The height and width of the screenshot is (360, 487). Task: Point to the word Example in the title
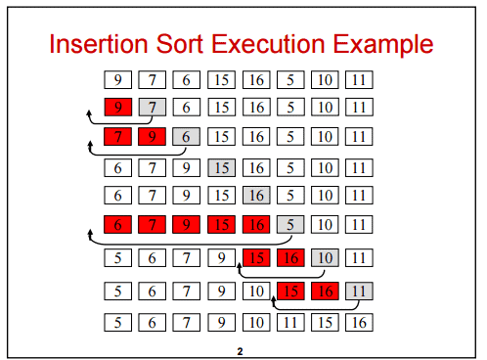pos(396,45)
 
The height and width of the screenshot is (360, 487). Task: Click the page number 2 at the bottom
pos(240,349)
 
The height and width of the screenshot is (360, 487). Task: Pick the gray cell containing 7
pos(152,108)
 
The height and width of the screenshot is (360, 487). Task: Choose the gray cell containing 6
pos(186,136)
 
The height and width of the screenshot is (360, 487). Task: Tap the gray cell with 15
pos(221,167)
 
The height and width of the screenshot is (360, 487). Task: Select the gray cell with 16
pos(256,196)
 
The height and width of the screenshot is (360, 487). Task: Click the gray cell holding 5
pos(290,225)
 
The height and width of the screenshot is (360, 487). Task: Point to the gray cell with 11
pos(360,290)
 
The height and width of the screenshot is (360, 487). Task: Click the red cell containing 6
pos(117,225)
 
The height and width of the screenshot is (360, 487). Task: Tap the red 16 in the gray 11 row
pos(326,290)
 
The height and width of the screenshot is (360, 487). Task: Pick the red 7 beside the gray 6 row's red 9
pos(117,136)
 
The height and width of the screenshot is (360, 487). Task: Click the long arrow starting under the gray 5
pos(186,243)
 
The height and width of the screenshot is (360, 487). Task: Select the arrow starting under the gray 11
pos(313,308)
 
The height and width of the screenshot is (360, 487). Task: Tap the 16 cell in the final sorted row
pos(360,320)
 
